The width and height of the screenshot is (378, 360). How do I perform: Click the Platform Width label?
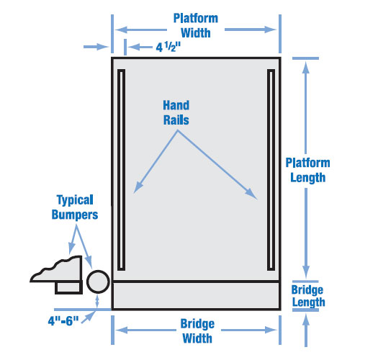(196, 25)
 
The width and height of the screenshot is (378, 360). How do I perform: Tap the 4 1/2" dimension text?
(168, 47)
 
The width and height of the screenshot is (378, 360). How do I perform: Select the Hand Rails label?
(176, 112)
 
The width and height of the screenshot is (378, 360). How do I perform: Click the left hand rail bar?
(121, 170)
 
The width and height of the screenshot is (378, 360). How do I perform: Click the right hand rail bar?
(271, 170)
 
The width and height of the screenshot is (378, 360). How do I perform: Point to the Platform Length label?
(307, 170)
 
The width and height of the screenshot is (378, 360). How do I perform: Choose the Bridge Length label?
(308, 296)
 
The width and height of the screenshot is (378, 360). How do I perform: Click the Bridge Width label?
(197, 330)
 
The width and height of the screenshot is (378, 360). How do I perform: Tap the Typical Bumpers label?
(75, 207)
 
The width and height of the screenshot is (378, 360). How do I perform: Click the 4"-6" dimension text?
(63, 321)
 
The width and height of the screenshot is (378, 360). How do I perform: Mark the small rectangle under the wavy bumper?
(68, 287)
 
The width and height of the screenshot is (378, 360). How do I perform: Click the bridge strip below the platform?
(196, 295)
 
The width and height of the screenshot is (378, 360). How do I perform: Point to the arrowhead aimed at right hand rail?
(251, 194)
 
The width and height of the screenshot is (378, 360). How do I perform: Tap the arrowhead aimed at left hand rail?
(138, 187)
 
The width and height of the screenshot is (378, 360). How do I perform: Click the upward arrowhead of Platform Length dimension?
(306, 67)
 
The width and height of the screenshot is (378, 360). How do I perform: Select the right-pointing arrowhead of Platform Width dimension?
(270, 30)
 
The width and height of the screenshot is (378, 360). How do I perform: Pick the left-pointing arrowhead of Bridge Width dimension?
(121, 330)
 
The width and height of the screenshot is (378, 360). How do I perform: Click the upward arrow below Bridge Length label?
(306, 330)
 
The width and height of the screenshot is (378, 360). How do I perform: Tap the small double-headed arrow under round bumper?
(97, 301)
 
